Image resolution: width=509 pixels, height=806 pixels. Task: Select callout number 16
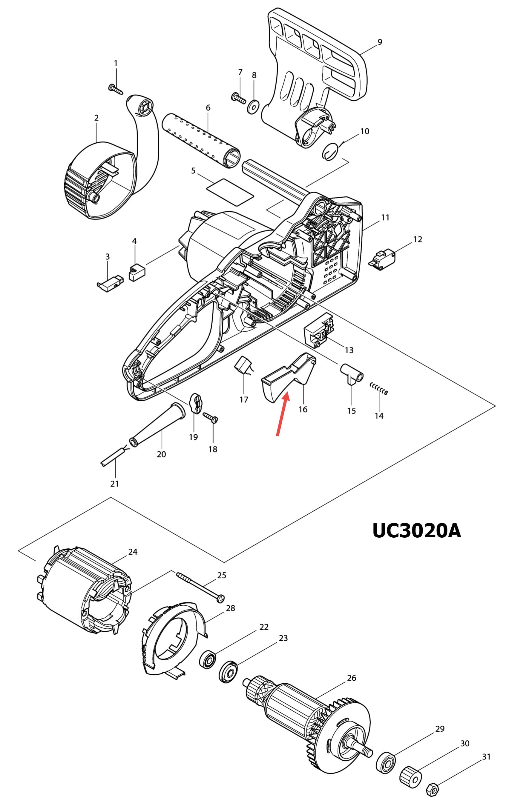click(x=303, y=409)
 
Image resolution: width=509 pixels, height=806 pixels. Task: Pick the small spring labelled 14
click(x=379, y=389)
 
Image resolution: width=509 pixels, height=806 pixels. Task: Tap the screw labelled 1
click(x=116, y=89)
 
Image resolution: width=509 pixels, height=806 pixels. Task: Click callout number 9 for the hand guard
click(x=379, y=42)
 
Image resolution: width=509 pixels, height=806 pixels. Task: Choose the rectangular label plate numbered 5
click(x=230, y=193)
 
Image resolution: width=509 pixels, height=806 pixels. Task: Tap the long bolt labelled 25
click(x=200, y=588)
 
